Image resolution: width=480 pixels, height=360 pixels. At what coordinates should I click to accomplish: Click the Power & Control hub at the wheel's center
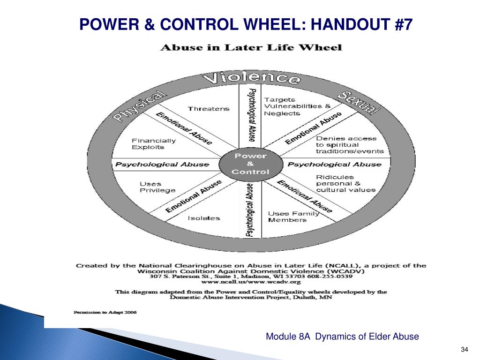tap(250, 164)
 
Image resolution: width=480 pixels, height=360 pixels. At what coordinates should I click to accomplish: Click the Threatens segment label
tap(209, 109)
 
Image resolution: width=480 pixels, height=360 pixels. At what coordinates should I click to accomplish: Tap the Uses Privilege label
tap(157, 187)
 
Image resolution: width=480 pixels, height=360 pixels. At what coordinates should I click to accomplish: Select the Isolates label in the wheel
tap(203, 218)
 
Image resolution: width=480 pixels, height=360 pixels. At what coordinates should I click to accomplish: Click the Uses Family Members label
tap(293, 217)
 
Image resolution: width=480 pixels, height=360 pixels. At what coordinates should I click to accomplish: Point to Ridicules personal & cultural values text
tap(345, 183)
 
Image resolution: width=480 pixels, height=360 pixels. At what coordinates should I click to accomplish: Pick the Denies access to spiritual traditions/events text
tap(349, 145)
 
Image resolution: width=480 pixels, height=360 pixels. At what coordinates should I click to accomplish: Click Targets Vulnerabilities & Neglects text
tap(297, 106)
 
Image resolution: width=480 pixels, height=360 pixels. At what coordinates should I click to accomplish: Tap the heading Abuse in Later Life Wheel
tap(252, 47)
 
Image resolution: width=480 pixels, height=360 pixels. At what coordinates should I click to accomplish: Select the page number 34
tap(465, 350)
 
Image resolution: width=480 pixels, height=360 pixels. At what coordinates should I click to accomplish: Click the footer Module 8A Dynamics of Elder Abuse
tap(342, 337)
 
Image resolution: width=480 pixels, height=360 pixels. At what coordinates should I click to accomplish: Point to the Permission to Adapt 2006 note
tap(105, 312)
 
